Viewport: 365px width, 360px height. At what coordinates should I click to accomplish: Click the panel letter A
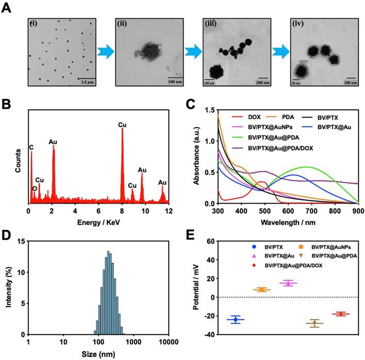click(x=7, y=10)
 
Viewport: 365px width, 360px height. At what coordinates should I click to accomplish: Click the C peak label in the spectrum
click(x=31, y=148)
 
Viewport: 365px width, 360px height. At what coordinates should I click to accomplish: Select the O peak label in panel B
click(x=35, y=188)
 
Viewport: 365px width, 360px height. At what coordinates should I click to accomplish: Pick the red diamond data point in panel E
click(x=341, y=314)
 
